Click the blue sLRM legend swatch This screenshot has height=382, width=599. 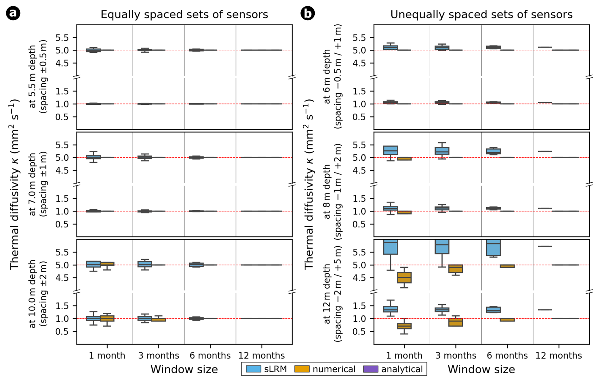click(253, 369)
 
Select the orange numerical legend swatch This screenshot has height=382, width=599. click(302, 369)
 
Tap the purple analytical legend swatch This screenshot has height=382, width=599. click(370, 369)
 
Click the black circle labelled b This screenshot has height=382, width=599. click(307, 13)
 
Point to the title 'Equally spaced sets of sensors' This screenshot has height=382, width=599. click(184, 15)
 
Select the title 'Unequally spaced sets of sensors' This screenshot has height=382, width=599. click(481, 15)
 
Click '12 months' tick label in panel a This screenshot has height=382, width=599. click(262, 355)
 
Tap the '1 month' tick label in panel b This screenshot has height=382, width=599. click(404, 355)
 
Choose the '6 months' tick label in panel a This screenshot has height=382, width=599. click(210, 355)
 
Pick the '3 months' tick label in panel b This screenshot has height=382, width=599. click(456, 355)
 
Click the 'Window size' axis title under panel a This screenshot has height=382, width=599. click(184, 369)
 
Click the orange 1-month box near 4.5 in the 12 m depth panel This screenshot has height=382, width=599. click(404, 278)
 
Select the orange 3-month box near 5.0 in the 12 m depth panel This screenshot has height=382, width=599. click(456, 269)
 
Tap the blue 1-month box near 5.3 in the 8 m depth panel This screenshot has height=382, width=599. click(391, 150)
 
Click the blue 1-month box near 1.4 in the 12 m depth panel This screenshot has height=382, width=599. click(391, 309)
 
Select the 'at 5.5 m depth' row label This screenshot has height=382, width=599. click(32, 77)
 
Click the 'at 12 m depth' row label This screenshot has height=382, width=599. click(327, 294)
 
